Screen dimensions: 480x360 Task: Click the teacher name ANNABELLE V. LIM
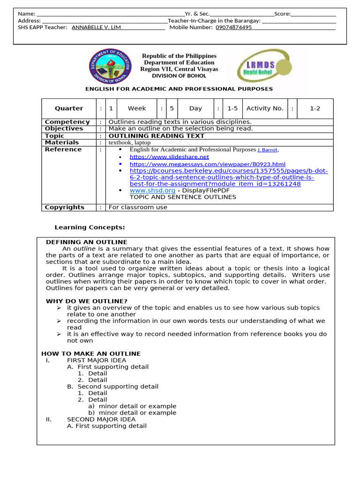96,27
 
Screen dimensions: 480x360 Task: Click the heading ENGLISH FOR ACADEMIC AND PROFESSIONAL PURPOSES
179,89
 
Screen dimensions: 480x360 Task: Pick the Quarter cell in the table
69,108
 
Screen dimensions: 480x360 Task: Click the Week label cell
137,108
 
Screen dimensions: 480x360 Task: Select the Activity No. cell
265,108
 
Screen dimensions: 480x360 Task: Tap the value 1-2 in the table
315,108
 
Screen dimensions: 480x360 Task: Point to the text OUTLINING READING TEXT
156,136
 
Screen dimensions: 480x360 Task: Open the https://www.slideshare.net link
169,157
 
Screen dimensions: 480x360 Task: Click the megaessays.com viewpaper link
207,164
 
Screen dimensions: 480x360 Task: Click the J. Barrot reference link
268,150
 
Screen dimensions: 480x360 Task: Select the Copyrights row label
65,207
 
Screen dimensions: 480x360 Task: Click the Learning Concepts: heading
90,227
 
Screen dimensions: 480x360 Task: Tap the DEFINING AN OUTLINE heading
86,242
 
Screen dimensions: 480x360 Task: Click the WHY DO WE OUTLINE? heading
86,301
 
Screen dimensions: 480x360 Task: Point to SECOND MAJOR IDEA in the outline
101,419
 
